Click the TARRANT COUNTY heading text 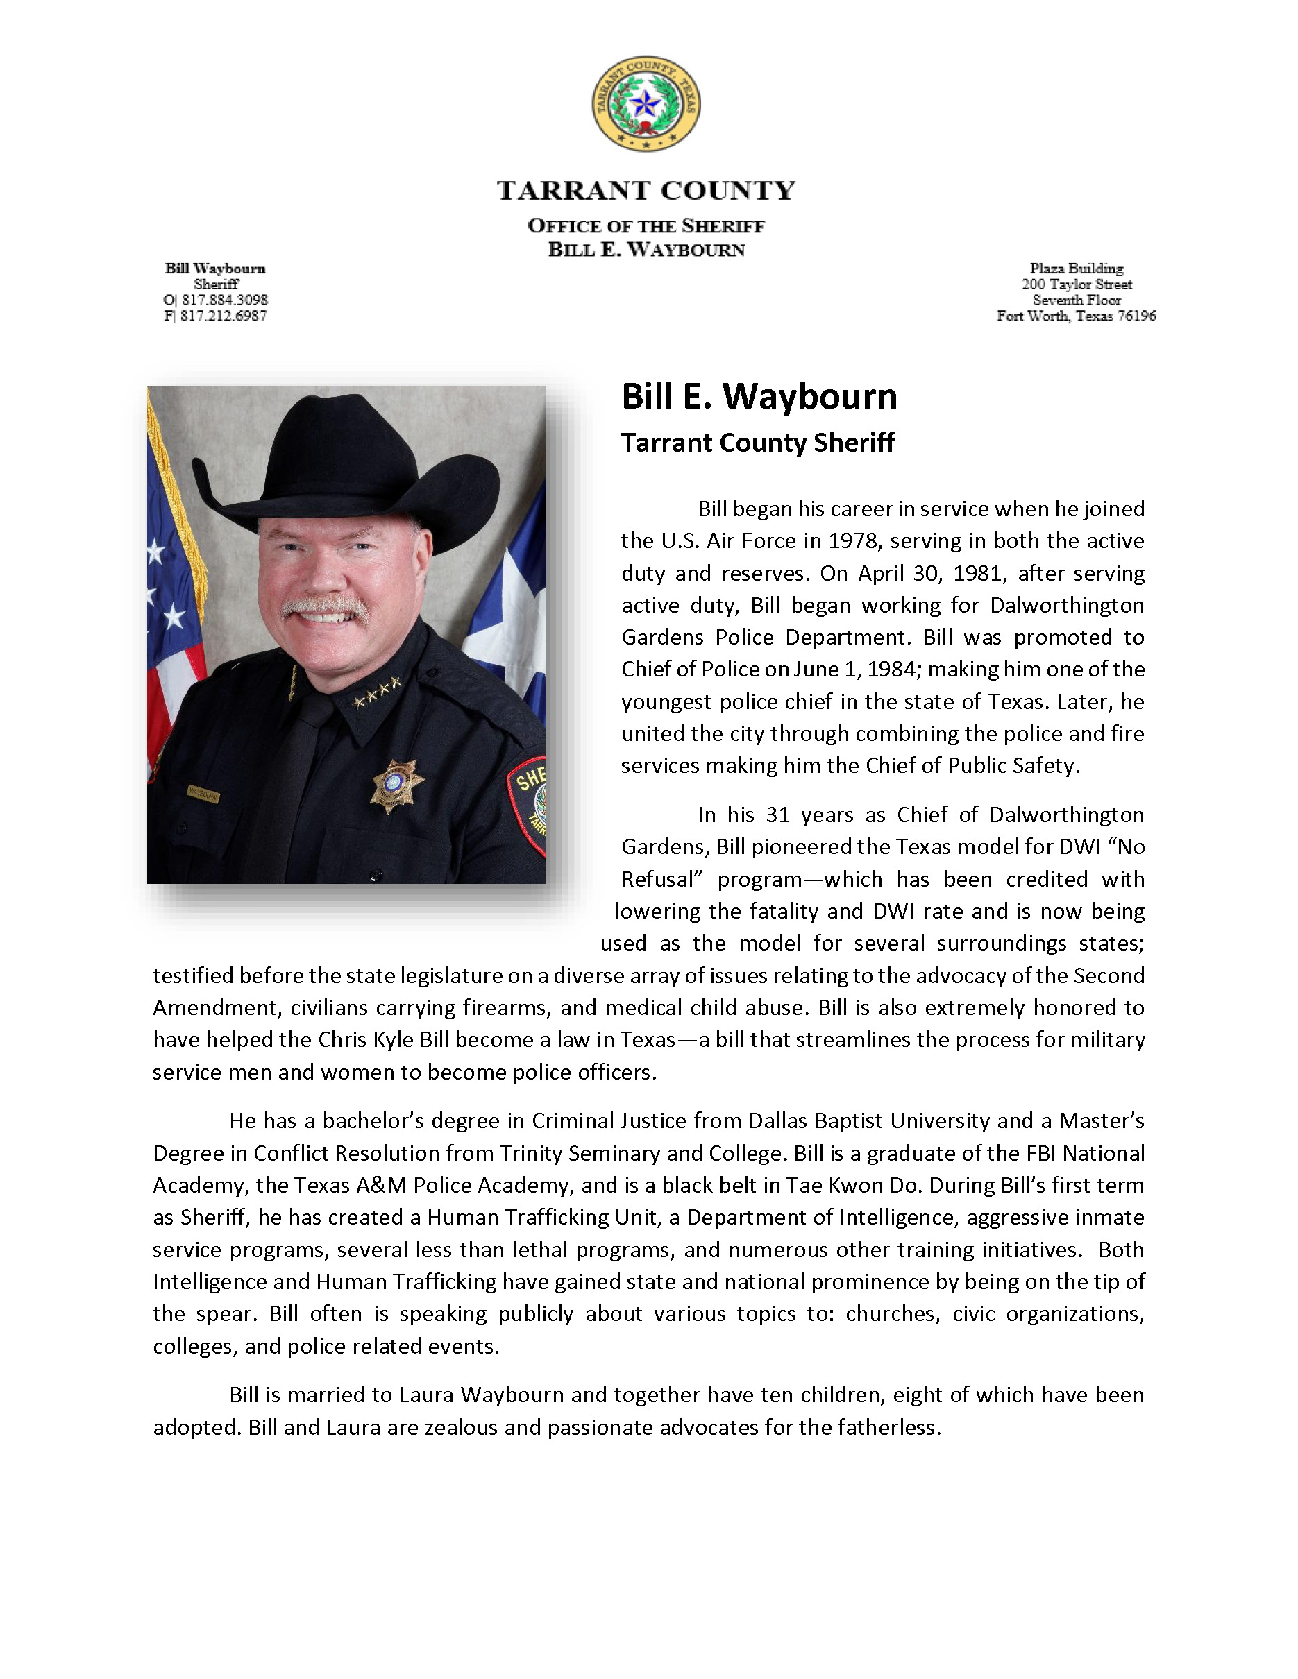pos(646,191)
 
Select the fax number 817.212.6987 pos(224,316)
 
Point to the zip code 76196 pos(1136,316)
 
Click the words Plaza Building pos(1076,269)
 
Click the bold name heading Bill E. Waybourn pos(759,397)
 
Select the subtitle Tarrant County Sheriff pos(757,443)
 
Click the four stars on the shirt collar pos(377,692)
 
